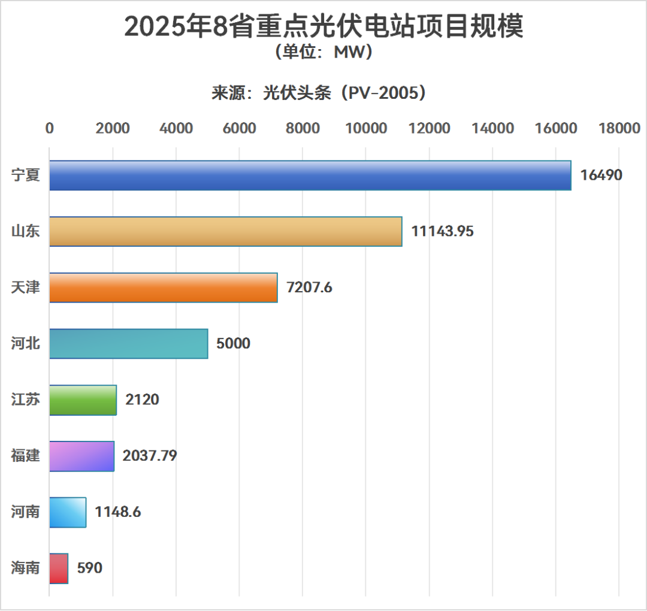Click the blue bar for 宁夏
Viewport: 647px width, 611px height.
point(310,176)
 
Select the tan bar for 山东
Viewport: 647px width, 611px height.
point(225,231)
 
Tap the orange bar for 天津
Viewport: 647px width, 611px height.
point(163,288)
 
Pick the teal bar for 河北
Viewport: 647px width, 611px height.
point(128,343)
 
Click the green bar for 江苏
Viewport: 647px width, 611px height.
point(83,400)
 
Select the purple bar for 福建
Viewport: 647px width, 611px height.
point(81,456)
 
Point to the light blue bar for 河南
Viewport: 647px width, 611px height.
point(68,512)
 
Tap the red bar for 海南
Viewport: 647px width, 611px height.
point(59,568)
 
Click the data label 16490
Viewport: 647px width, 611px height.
point(601,176)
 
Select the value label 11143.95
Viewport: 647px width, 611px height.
point(442,231)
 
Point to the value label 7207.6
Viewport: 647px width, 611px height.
point(309,288)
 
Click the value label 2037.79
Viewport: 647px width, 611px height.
point(150,456)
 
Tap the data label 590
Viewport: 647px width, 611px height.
point(90,568)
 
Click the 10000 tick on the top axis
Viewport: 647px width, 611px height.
point(365,128)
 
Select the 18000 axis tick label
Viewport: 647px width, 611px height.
point(619,128)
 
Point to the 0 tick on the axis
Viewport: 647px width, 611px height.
point(50,128)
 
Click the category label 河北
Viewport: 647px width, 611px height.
point(25,343)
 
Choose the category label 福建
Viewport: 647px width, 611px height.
point(25,456)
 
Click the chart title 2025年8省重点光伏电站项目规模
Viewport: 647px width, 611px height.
point(323,27)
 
